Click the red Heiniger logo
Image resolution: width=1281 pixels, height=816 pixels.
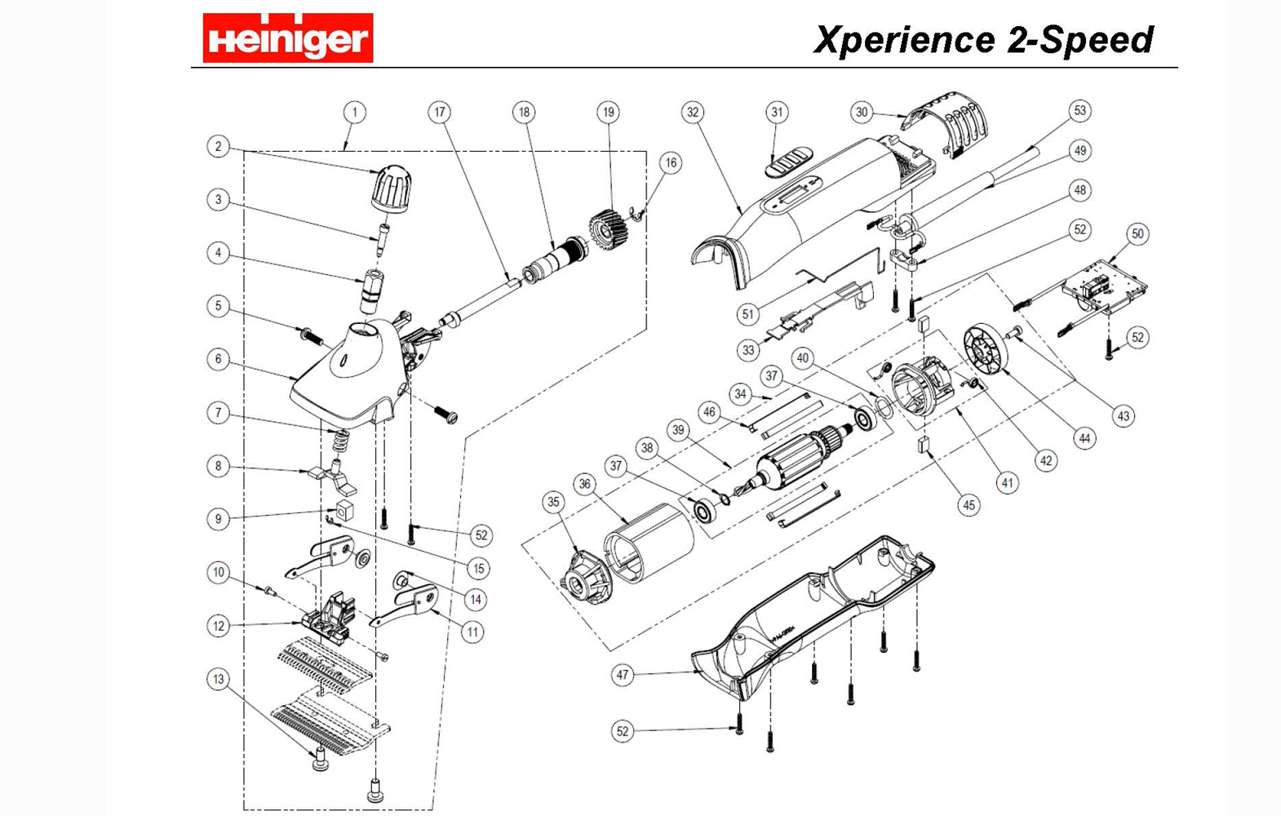pos(287,38)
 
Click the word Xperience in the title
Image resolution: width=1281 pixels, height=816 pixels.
pos(904,40)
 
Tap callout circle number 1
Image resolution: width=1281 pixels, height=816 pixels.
pos(354,112)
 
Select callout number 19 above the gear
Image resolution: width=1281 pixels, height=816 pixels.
pos(607,112)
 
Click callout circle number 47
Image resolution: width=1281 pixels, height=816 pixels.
pos(623,675)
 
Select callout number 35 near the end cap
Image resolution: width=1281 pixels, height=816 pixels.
pos(553,502)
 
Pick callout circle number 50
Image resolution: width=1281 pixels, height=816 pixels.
pos(1137,234)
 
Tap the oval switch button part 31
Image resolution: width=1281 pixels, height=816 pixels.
pos(788,160)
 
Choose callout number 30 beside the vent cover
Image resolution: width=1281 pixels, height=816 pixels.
pos(861,112)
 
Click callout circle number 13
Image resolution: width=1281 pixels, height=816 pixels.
pos(218,679)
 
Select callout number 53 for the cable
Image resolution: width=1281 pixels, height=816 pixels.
pos(1079,110)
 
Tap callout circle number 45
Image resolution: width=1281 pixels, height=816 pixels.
pos(969,505)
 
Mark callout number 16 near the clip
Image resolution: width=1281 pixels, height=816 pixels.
pos(670,162)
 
